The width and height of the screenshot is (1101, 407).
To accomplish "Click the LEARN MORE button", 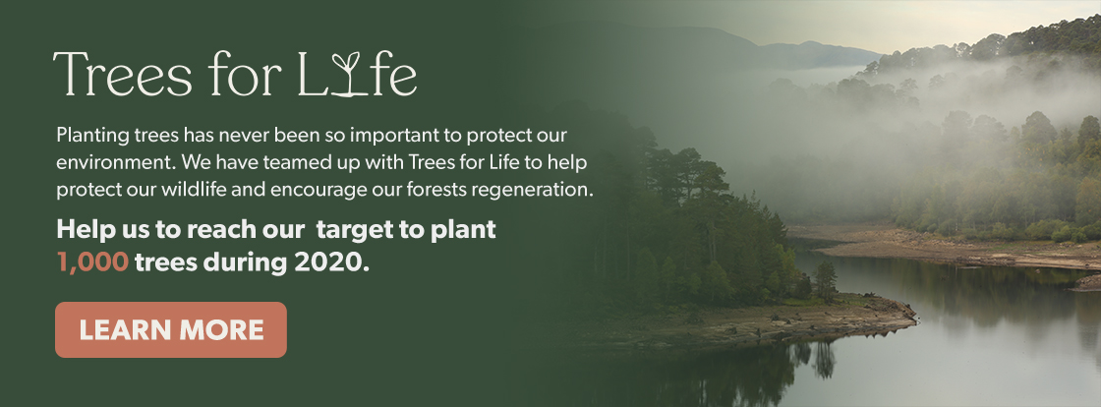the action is click(x=171, y=329).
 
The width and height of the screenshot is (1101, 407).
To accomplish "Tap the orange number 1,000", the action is click(x=92, y=262).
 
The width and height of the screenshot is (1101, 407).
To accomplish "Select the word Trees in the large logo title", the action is click(x=122, y=74).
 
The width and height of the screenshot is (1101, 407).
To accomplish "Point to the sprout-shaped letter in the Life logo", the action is click(x=345, y=75).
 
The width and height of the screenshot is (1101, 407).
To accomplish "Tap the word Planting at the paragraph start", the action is click(x=92, y=136).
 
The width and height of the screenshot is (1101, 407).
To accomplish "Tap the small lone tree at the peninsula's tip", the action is click(x=826, y=280).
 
